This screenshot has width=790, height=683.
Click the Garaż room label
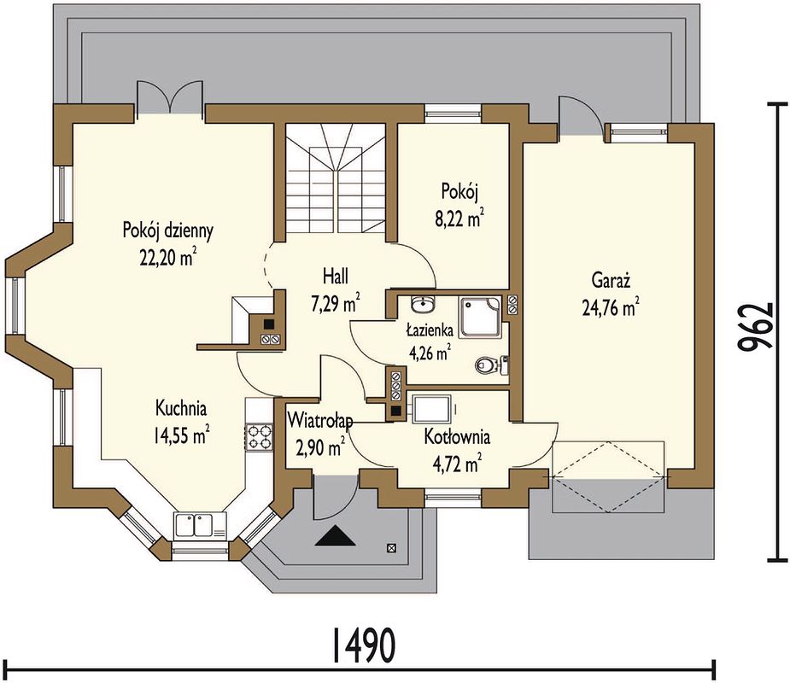point(611,281)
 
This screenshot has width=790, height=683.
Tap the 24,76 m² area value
point(611,306)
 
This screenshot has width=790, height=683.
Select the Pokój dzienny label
point(168,231)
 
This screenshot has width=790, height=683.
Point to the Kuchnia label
point(181,407)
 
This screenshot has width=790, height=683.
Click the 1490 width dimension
point(362,645)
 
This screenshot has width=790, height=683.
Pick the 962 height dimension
point(754,326)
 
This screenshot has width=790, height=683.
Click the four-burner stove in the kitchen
point(259,436)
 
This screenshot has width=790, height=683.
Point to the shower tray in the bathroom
point(480,317)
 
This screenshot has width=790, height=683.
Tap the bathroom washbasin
point(422,304)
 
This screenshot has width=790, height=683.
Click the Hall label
point(336,277)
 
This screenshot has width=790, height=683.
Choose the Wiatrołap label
point(319,420)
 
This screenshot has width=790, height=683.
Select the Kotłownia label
point(457,437)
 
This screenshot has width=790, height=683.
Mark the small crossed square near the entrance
point(391,548)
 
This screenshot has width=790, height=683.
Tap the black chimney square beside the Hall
point(270,324)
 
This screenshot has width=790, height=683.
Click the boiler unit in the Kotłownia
point(432,408)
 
